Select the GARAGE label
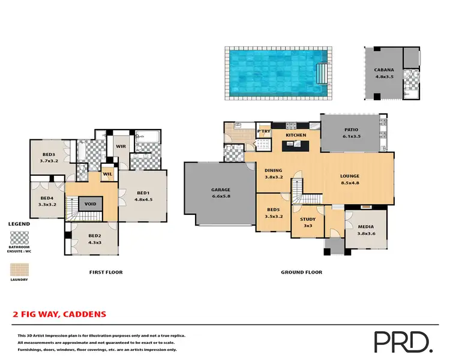point(220,190)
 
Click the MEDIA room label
point(365,227)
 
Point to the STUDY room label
point(307,219)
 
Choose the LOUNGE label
point(353,175)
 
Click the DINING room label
point(273,170)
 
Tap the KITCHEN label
point(296,135)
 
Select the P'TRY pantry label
point(263,131)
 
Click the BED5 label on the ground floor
point(274,209)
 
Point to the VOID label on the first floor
point(91,204)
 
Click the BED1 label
point(143,193)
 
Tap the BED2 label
point(94,236)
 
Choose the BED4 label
point(47,198)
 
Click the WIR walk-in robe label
point(119,145)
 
